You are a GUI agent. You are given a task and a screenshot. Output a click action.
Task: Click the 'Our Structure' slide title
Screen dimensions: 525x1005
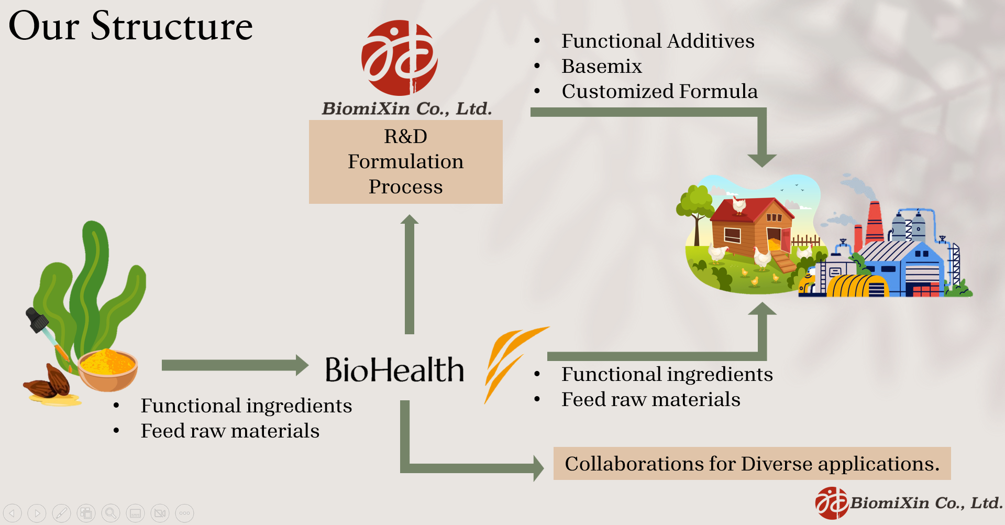pos(131,26)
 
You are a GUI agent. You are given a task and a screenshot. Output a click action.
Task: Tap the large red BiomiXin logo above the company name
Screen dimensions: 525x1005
pos(400,58)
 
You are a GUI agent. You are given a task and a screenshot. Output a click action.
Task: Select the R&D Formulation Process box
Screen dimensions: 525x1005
pos(405,161)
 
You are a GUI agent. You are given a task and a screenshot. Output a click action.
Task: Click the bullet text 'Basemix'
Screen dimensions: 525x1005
pos(601,67)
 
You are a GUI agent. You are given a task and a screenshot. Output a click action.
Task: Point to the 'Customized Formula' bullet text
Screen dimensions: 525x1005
pos(659,92)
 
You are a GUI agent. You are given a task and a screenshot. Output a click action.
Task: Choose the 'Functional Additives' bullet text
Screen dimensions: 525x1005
pos(657,41)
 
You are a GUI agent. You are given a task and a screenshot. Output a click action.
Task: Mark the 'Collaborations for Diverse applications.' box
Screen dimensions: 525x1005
pos(752,464)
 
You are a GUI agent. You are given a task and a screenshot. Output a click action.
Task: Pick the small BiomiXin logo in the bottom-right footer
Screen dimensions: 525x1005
pos(832,503)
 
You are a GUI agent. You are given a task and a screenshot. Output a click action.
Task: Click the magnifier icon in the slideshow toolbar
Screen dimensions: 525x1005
pos(111,513)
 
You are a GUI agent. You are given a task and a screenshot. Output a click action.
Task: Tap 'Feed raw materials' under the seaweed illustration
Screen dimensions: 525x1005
pos(230,431)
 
